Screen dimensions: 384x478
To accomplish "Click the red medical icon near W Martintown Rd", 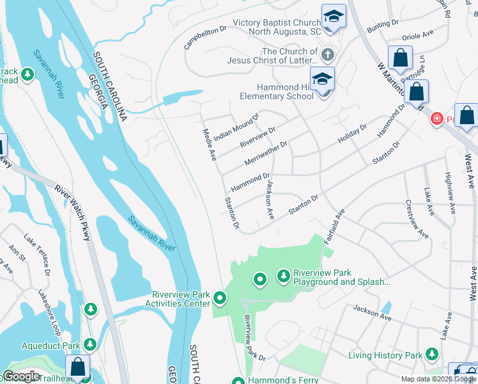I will pos(437,118).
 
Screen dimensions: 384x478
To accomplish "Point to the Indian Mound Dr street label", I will pos(236,127).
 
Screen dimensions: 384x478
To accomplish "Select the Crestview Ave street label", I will pos(417,221).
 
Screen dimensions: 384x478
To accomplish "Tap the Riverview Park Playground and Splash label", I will pos(341,277).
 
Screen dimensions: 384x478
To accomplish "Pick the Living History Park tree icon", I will pos(432,354).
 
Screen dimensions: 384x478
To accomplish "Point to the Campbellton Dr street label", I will pos(206,38).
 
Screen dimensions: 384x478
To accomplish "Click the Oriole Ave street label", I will pos(419,33).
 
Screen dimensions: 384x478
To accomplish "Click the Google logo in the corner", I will pos(22,376).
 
